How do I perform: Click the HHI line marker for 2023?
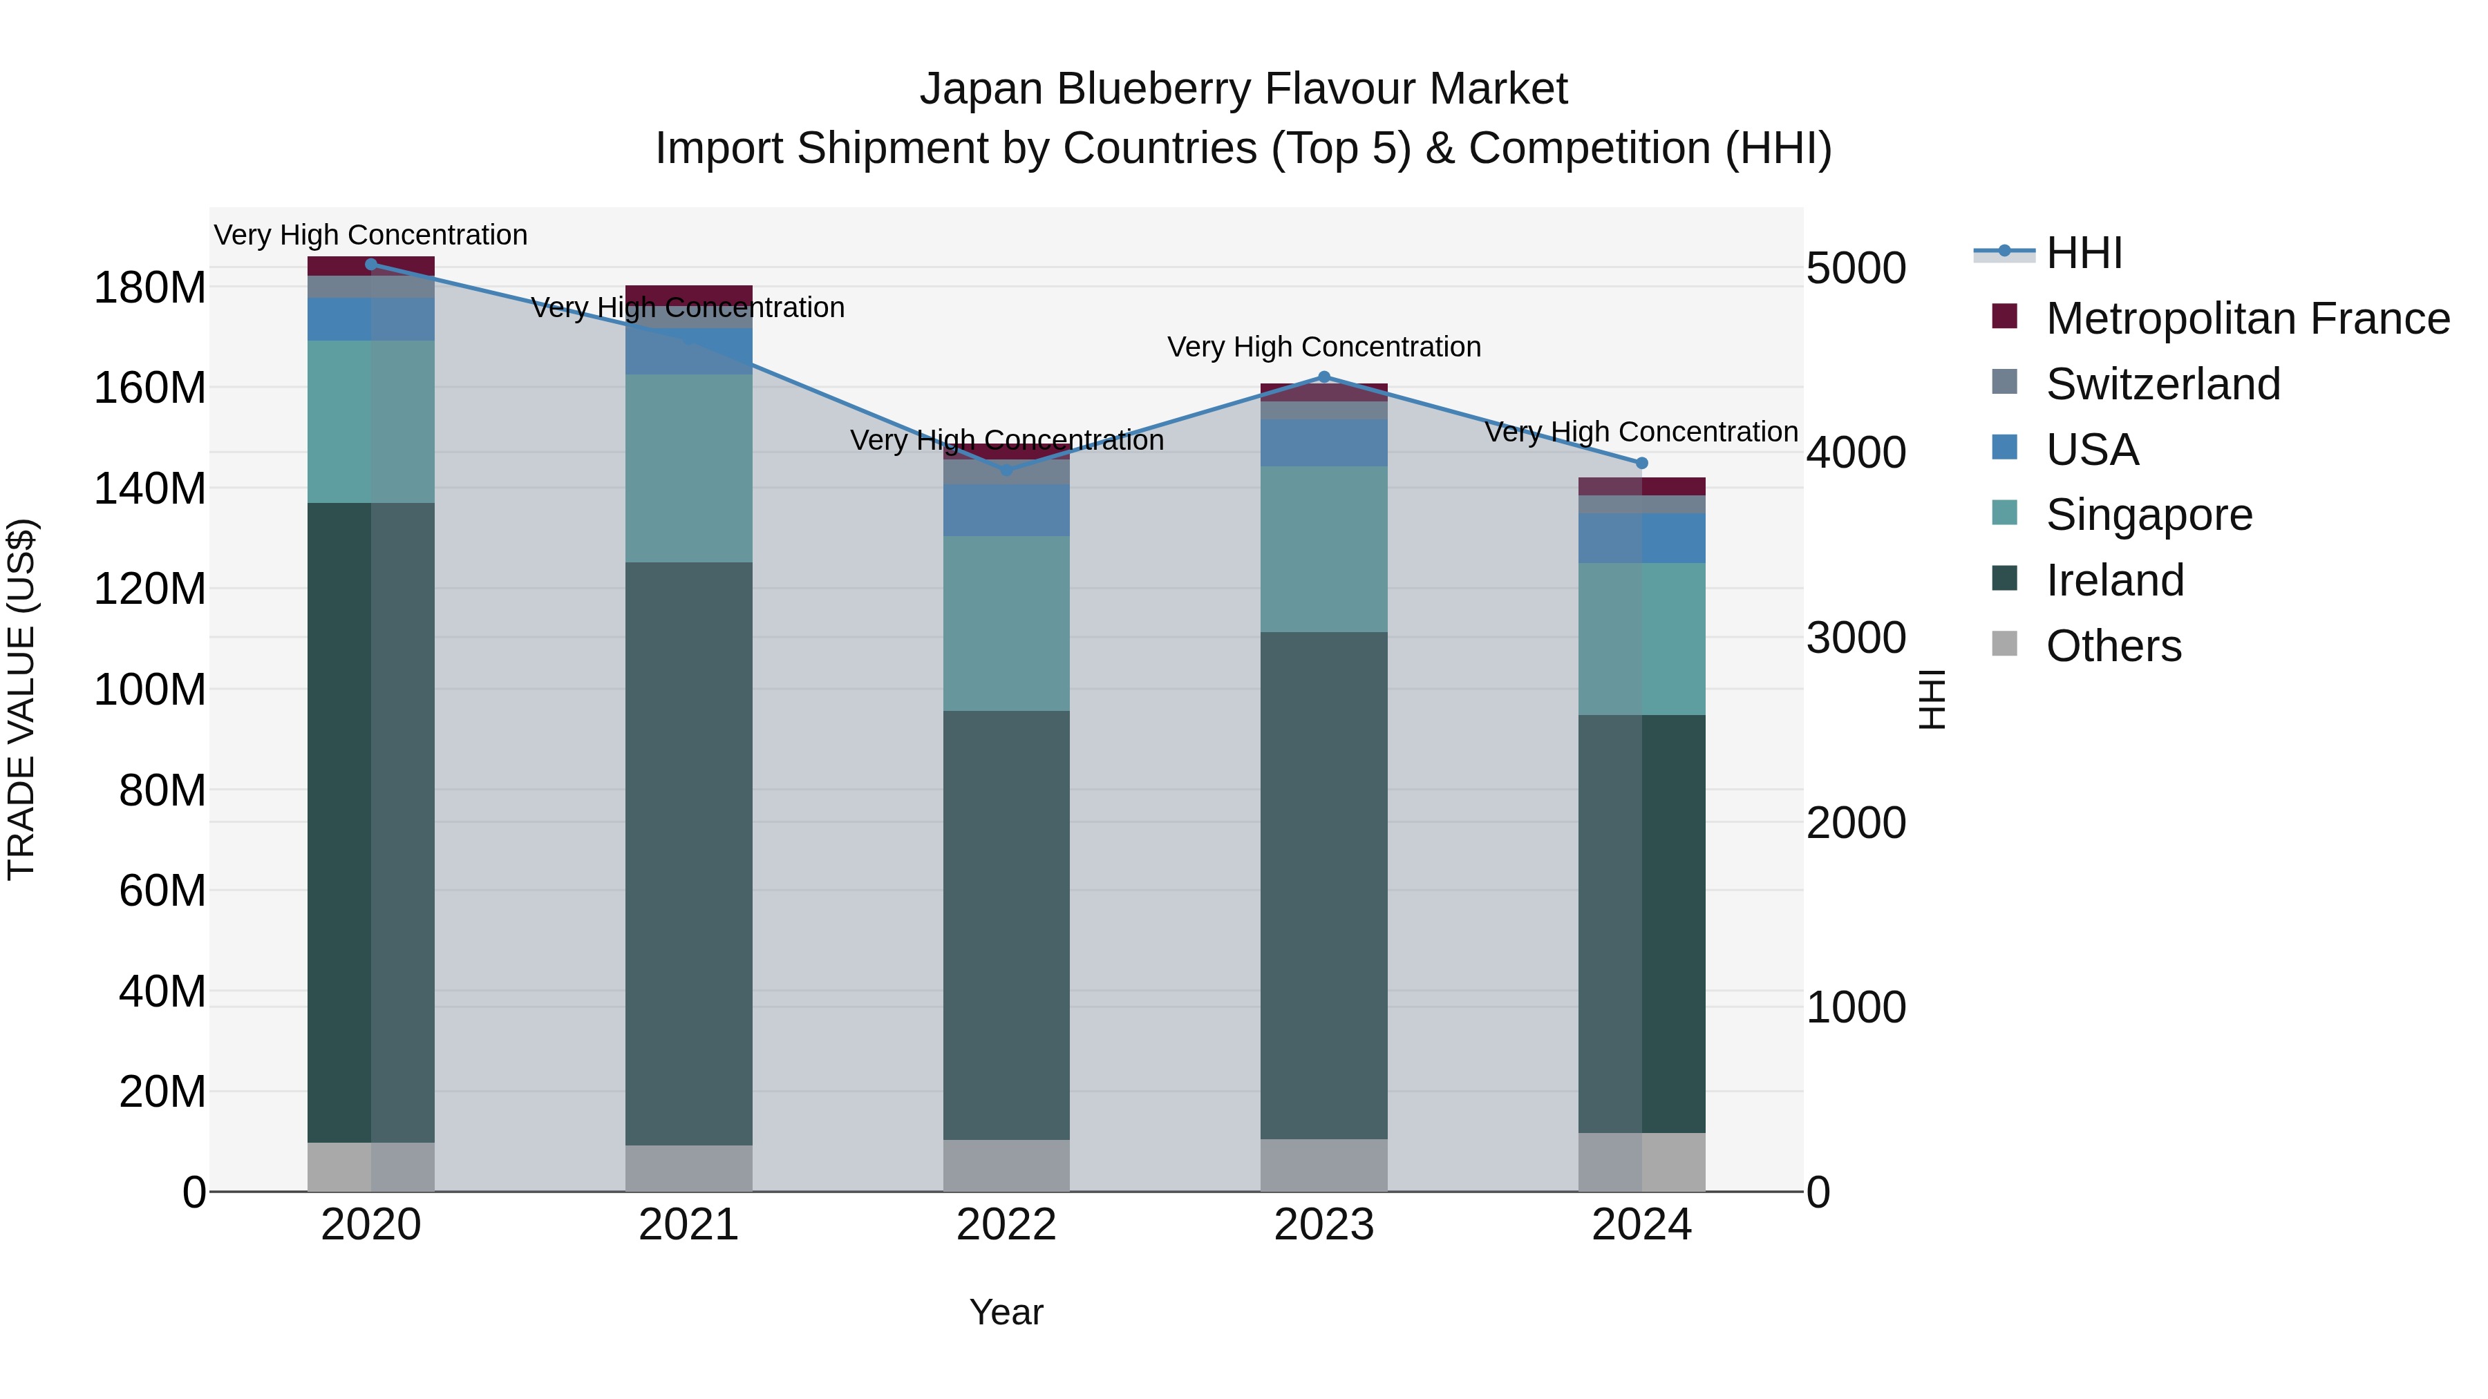(1323, 377)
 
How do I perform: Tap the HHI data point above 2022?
(1006, 470)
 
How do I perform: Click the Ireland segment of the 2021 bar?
(688, 853)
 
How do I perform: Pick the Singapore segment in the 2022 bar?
(1006, 624)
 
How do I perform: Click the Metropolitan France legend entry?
(2247, 318)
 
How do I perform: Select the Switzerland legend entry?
(2162, 384)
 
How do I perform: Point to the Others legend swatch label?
(2113, 646)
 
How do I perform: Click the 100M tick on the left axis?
(150, 690)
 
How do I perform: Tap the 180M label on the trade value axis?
(150, 287)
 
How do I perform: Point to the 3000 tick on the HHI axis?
(1856, 638)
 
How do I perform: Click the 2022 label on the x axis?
(1006, 1225)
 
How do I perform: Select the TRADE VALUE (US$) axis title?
(21, 699)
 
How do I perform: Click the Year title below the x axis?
(1006, 1312)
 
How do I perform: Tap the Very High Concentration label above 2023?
(1323, 347)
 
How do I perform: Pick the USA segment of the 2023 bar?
(1323, 443)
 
